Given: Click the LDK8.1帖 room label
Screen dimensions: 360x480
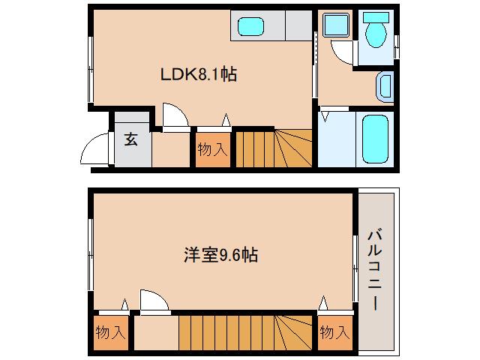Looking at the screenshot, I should pos(199,75).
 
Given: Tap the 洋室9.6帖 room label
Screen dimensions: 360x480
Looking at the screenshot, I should pos(222,255).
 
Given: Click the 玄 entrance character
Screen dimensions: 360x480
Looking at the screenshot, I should pos(131,139).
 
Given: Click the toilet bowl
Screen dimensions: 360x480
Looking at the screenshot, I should pos(374,34).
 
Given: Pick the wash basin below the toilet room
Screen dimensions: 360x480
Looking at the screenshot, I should pos(385,86).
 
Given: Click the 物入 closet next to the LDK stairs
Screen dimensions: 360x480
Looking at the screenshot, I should pos(211,150).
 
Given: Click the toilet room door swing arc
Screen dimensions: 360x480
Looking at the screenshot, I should pos(341,53).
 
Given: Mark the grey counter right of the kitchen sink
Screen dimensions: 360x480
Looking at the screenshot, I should pos(296,28).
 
